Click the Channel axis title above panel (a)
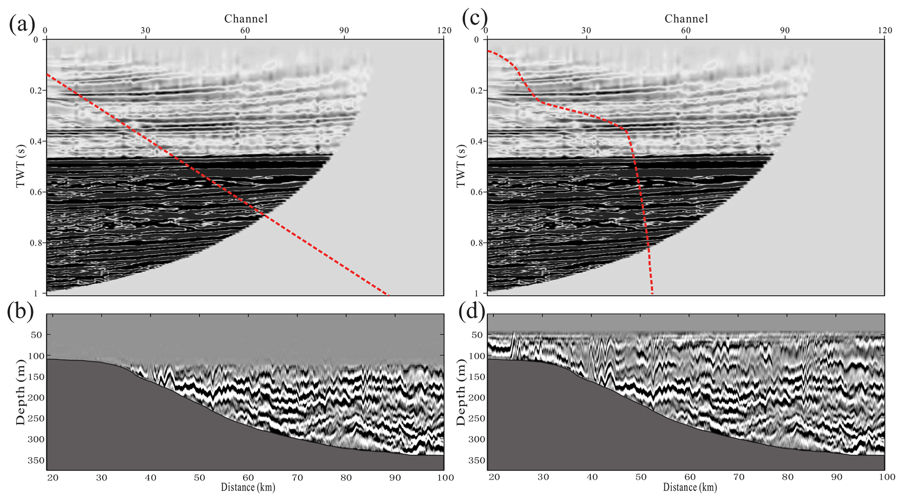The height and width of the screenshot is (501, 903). (246, 18)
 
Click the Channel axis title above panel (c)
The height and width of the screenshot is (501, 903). (686, 18)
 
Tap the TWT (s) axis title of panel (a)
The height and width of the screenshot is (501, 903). (20, 166)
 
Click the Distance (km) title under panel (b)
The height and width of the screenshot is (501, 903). (248, 487)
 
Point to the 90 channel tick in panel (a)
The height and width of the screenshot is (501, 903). (344, 30)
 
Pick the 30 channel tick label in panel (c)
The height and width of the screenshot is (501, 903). (586, 30)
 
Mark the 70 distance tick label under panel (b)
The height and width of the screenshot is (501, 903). (298, 478)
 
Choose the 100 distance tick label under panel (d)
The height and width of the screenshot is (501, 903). (883, 478)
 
